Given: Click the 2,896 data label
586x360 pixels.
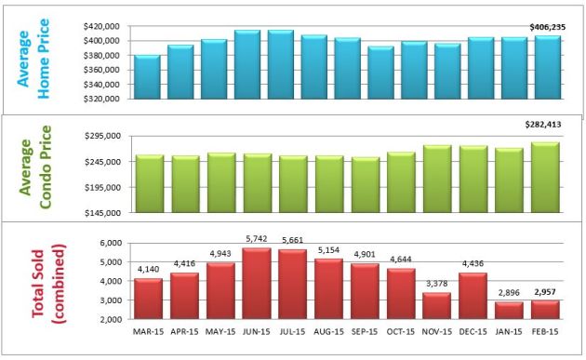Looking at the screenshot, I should (508, 293).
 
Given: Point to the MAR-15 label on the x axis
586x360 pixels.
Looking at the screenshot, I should (148, 331).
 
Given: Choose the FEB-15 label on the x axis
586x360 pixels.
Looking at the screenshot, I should (547, 331).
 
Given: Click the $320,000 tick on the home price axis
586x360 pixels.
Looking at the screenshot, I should (101, 98).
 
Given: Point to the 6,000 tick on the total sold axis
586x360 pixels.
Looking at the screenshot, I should (111, 243).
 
